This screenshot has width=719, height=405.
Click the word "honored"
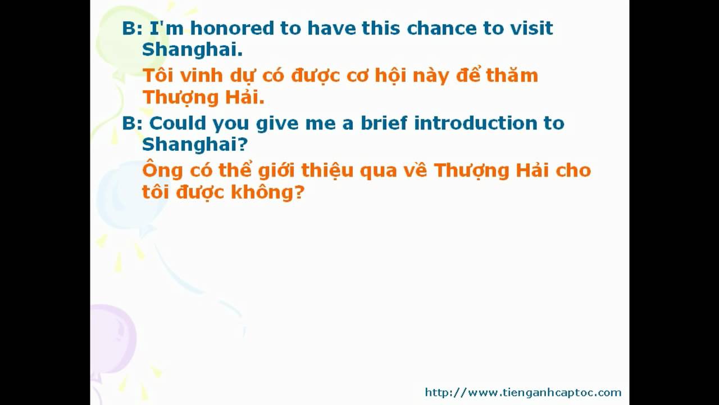pos(232,28)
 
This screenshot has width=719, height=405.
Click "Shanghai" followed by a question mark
pos(195,144)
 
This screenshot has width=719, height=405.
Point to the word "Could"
pos(178,123)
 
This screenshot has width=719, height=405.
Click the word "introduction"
pos(476,123)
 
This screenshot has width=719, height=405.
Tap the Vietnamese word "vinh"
pos(201,76)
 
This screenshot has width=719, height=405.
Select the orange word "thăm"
pos(512,75)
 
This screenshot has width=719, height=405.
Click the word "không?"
pos(267,192)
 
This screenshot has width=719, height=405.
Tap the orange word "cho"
pos(574,170)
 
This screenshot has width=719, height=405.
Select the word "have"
pos(331,28)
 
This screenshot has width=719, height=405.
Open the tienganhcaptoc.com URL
pos(523,393)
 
